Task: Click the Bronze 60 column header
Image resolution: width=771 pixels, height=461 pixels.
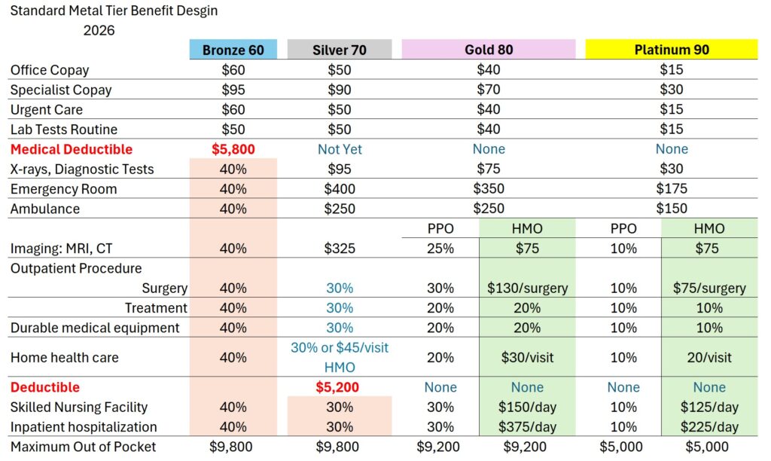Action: click(233, 50)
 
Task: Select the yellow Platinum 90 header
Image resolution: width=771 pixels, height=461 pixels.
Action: click(672, 50)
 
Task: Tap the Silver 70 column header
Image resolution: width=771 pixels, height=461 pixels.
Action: click(340, 50)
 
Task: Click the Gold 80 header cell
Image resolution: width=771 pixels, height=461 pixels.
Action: click(489, 50)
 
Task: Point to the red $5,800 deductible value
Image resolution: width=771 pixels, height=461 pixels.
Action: click(233, 149)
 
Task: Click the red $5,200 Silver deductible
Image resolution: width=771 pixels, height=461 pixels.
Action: click(340, 387)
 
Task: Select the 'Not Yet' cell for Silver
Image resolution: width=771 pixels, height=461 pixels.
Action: click(340, 149)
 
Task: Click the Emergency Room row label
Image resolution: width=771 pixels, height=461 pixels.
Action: click(63, 189)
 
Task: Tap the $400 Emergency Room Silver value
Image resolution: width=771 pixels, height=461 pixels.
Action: click(340, 189)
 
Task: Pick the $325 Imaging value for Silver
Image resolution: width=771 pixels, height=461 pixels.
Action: click(340, 249)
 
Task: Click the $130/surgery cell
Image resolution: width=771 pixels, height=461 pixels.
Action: click(527, 288)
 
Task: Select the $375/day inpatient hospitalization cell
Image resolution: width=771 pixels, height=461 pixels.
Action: click(527, 426)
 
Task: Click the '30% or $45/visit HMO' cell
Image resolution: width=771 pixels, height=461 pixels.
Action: click(340, 357)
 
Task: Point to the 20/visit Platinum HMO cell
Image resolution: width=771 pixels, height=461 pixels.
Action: click(709, 358)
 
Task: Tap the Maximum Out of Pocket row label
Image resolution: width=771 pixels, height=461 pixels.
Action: click(83, 447)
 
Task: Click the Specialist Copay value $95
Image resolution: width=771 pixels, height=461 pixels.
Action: click(233, 90)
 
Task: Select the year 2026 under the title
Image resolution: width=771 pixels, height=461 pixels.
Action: click(99, 31)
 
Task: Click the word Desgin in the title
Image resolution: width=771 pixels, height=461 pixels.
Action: click(197, 12)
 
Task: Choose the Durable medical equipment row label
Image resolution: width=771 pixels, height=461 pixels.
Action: click(95, 328)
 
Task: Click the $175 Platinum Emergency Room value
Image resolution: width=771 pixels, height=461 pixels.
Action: click(672, 189)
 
